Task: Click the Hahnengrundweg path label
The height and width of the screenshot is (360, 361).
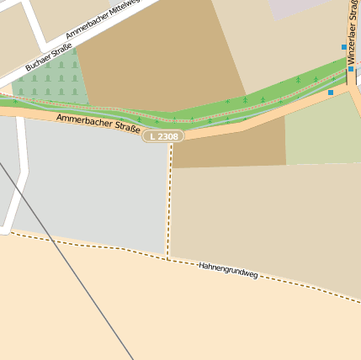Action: [x=229, y=271]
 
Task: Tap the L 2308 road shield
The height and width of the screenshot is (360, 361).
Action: [x=162, y=136]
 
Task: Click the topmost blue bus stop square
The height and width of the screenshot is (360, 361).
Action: [x=343, y=47]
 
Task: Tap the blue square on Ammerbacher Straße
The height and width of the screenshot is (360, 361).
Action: [x=331, y=93]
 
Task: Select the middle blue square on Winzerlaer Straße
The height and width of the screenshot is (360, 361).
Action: [x=351, y=69]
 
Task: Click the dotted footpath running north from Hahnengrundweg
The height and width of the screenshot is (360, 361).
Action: [x=169, y=202]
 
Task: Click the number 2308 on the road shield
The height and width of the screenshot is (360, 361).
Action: [x=167, y=136]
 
